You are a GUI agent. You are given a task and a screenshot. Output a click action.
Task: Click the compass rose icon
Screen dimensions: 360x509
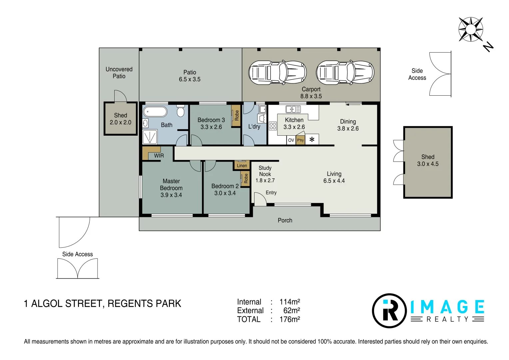tap(470, 29)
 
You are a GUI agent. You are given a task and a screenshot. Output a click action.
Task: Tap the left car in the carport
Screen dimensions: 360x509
tap(277, 73)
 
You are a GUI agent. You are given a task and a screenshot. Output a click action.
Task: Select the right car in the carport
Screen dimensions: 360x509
tap(345, 73)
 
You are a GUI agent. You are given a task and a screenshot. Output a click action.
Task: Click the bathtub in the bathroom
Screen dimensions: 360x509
tap(155, 112)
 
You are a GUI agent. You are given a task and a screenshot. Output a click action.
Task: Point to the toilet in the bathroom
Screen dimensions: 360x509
tap(181, 111)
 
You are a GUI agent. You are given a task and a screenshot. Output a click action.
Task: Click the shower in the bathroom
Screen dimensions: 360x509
tap(150, 137)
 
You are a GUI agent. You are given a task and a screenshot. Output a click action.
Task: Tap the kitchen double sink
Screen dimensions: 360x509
tap(293, 109)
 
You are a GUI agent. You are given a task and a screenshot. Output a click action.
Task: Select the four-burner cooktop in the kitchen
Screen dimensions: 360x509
tap(273, 126)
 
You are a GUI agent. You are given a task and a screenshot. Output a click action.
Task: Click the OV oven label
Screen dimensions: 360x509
tap(291, 140)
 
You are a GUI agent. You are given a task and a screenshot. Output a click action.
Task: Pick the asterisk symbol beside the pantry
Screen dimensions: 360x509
tap(312, 140)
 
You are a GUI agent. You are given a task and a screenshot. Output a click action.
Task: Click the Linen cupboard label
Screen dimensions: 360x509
tap(242, 165)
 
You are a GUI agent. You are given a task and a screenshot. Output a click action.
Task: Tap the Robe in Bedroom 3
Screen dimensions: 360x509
tap(237, 115)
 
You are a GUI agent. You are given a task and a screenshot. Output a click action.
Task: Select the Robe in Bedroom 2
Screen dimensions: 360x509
tap(246, 178)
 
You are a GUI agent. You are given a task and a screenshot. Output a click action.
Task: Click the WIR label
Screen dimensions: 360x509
tap(159, 156)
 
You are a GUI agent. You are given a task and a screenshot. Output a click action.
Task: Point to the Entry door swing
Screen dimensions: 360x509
tap(260, 199)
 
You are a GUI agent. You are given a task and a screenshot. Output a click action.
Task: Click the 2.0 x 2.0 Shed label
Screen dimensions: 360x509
tap(121, 122)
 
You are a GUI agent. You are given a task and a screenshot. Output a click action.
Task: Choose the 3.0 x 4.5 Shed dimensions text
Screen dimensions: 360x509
tap(428, 164)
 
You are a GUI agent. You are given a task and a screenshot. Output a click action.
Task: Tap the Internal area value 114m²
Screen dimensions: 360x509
tap(289, 302)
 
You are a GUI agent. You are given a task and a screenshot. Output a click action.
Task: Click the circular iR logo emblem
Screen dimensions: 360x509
tap(389, 311)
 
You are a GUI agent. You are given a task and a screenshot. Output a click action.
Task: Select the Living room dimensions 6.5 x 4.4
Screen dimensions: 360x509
tap(334, 181)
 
